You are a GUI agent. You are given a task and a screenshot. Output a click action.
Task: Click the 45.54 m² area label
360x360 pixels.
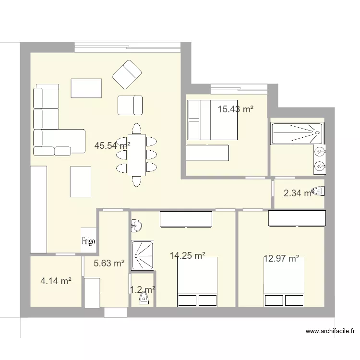[112, 145]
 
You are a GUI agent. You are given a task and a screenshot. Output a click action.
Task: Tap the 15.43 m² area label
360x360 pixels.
[235, 109]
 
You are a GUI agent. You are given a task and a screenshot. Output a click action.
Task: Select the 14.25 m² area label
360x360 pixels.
[188, 256]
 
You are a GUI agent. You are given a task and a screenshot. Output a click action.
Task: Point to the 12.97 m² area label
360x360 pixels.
[281, 259]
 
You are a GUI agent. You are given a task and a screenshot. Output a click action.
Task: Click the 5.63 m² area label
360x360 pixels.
[109, 263]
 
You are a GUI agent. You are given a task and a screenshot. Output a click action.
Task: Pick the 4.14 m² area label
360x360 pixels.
[56, 282]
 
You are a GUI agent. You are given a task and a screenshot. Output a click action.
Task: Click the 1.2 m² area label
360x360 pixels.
[142, 289]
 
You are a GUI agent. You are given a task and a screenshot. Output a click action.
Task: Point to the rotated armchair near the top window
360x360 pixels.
[127, 74]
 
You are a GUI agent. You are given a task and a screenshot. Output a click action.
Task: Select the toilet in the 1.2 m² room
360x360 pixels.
[143, 299]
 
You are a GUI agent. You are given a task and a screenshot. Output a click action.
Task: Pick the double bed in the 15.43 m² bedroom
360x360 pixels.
[212, 120]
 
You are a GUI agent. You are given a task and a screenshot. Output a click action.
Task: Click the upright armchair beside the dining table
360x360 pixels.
[130, 105]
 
